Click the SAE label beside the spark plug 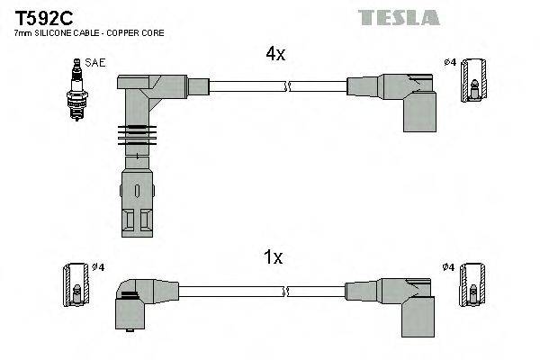point(93,62)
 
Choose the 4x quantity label point(274,54)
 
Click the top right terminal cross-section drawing point(476,90)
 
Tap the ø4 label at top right point(450,62)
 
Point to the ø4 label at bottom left point(98,267)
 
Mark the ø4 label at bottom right point(450,267)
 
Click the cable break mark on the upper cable point(287,86)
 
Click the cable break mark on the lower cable point(287,292)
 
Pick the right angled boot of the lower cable point(405,301)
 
